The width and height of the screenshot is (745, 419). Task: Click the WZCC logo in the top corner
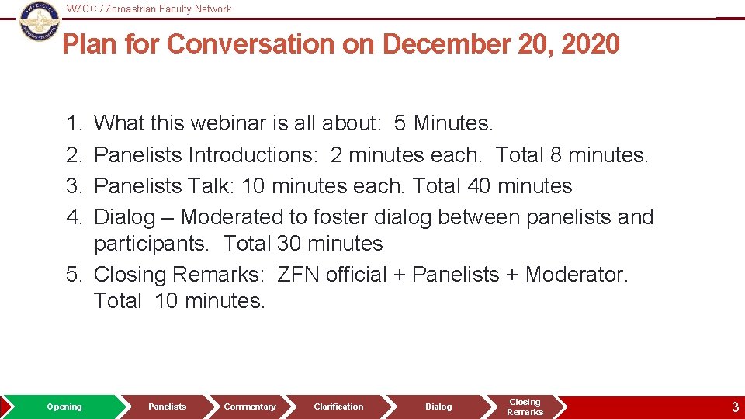39,21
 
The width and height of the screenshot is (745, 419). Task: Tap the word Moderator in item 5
576,275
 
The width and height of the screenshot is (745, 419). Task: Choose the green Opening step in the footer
64,407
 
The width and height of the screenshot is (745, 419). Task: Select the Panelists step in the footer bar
168,407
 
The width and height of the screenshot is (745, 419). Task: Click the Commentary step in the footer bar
250,407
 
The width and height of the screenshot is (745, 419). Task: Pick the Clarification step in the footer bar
338,407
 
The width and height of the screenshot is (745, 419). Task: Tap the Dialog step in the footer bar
438,407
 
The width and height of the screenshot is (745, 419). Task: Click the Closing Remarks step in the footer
525,407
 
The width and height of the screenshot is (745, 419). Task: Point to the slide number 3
735,407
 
